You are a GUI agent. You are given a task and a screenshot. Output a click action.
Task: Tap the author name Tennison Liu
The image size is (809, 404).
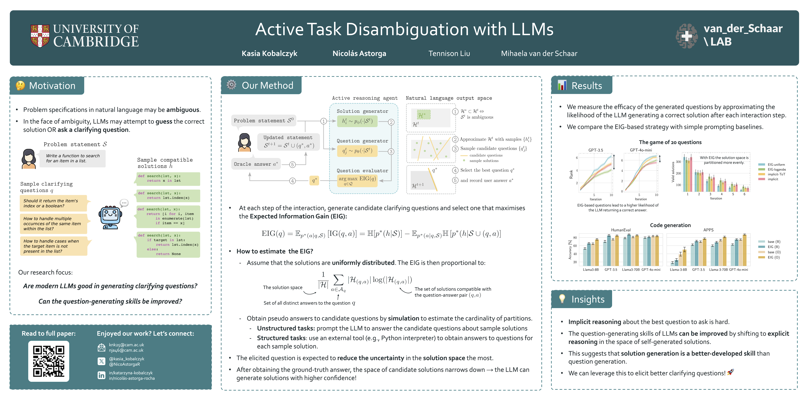(x=449, y=54)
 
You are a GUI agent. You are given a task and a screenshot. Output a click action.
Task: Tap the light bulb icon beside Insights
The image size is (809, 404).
(x=562, y=299)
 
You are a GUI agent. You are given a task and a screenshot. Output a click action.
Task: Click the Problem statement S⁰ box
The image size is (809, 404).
(x=264, y=121)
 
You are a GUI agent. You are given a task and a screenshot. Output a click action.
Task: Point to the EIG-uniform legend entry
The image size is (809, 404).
(x=776, y=165)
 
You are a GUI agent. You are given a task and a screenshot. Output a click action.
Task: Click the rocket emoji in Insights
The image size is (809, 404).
(x=730, y=373)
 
